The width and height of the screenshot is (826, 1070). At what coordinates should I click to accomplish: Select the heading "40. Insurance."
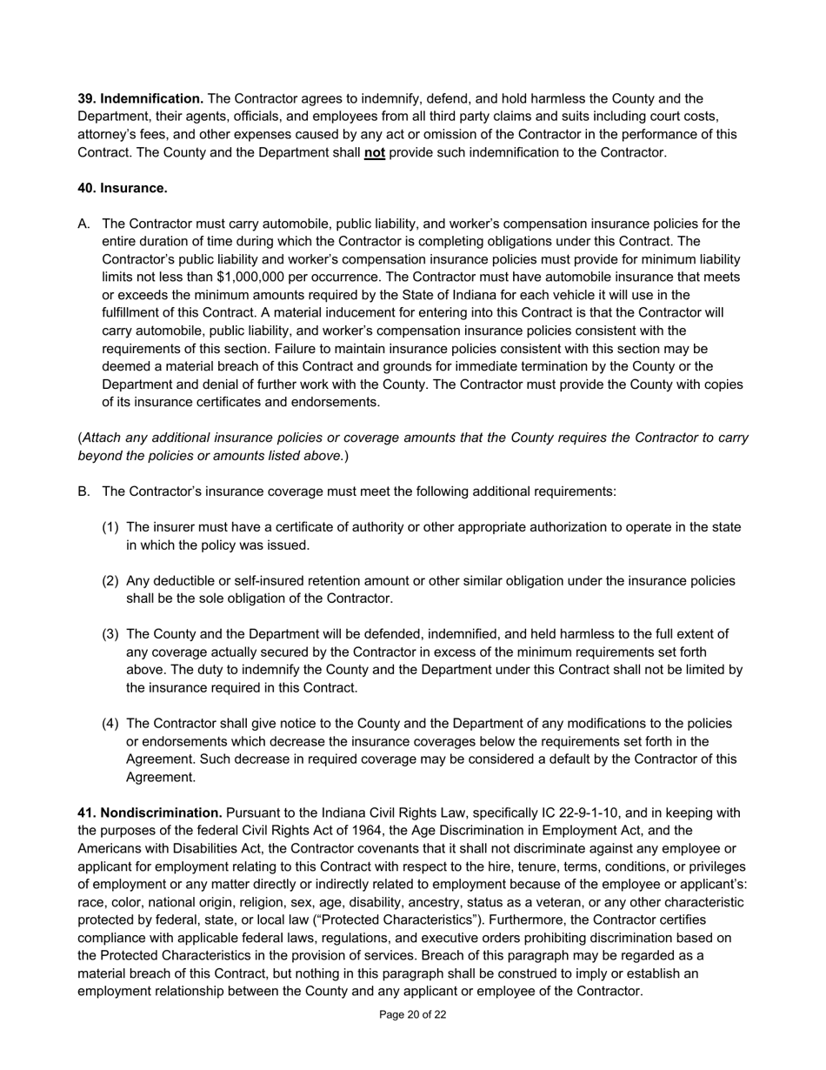(x=123, y=188)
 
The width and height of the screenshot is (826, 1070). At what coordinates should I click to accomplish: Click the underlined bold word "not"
(x=375, y=152)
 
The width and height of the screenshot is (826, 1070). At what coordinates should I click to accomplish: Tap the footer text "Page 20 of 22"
(x=413, y=1014)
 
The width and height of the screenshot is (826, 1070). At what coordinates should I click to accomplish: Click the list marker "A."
(x=83, y=224)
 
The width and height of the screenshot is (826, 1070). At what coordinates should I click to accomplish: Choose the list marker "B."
(x=83, y=492)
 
